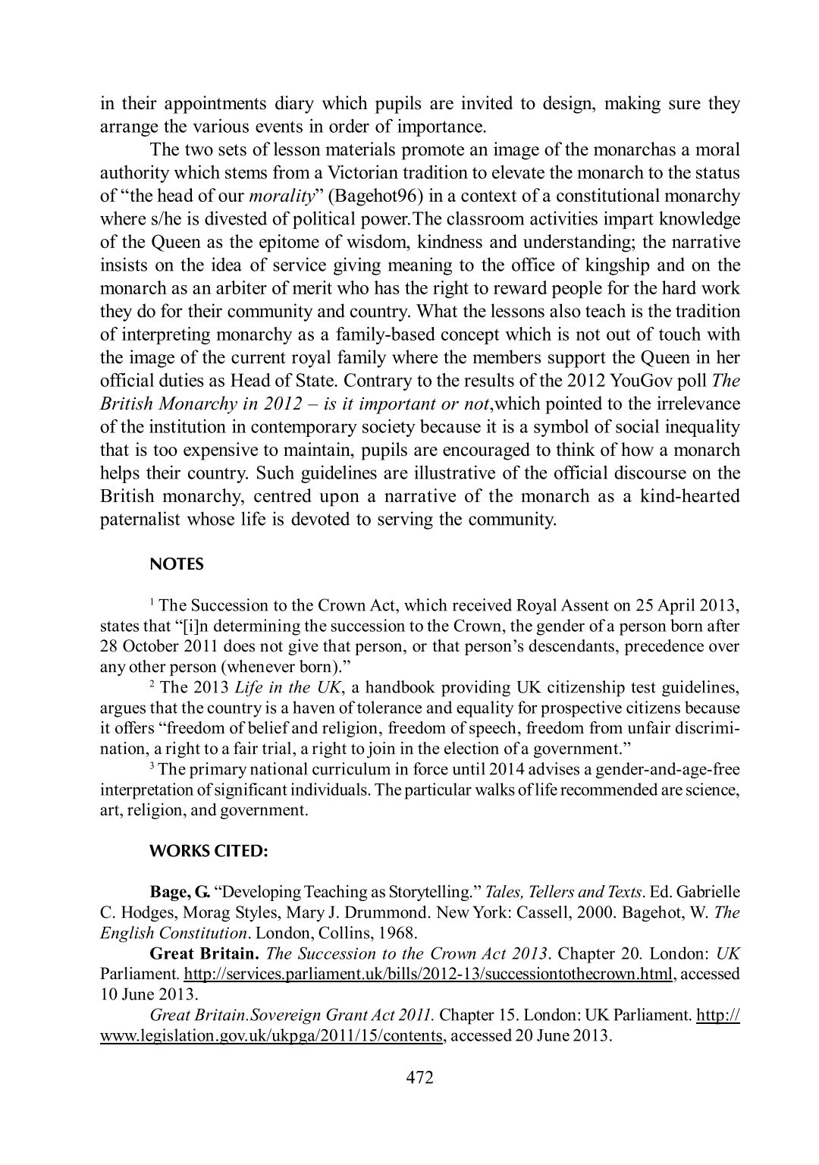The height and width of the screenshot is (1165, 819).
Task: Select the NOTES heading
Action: (177, 565)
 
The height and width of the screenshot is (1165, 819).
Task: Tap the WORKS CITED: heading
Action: (209, 852)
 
